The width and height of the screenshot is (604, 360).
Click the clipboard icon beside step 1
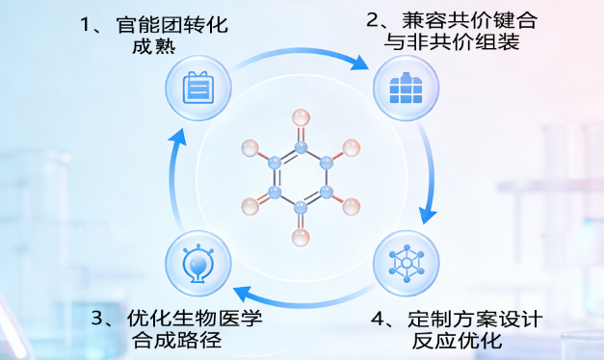[198, 88]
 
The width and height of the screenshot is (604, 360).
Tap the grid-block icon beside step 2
[404, 88]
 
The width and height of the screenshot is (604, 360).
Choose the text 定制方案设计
[472, 319]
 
